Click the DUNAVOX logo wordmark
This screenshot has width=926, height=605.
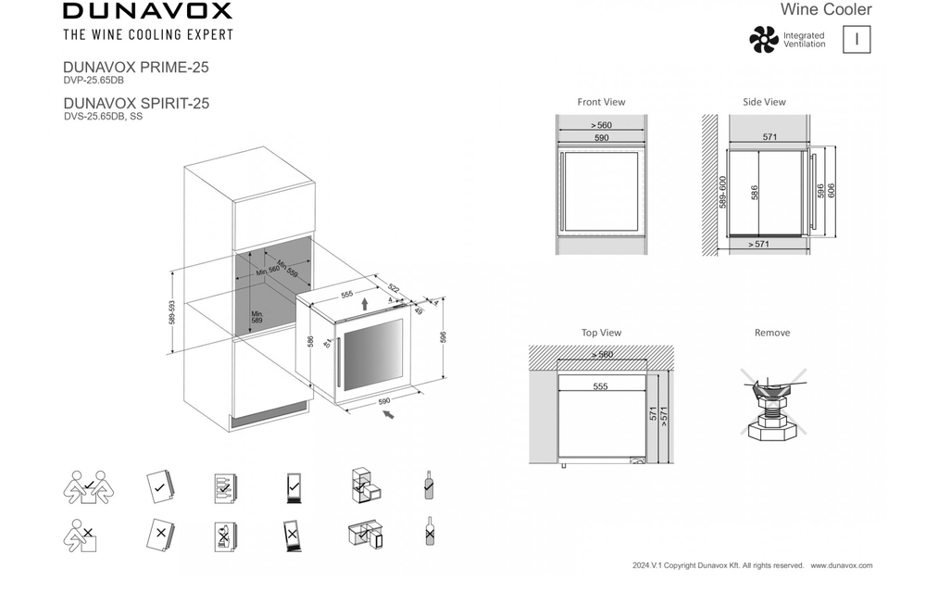click(147, 12)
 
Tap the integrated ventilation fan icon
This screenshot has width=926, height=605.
click(764, 39)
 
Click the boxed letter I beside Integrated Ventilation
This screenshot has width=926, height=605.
click(857, 39)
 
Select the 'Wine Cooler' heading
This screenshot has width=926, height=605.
click(826, 10)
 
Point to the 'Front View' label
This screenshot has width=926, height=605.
click(601, 102)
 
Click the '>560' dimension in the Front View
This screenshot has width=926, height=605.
click(601, 125)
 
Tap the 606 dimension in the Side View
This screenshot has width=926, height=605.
click(832, 191)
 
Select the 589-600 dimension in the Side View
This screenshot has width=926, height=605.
click(723, 192)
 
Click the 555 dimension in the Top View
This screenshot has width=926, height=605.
click(601, 386)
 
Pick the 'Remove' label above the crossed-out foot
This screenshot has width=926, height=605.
click(772, 333)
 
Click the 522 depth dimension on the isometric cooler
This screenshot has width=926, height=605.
click(393, 289)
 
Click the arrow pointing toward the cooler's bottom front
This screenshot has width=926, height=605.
click(389, 415)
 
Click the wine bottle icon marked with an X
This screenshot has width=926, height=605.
click(429, 532)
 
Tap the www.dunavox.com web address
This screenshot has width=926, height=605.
click(841, 565)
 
